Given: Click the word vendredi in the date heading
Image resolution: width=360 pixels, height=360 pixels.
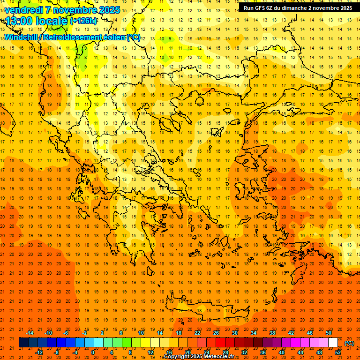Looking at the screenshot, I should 25,9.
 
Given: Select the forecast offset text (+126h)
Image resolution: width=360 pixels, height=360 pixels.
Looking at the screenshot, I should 83,21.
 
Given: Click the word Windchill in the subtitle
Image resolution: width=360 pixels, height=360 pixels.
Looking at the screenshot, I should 21,37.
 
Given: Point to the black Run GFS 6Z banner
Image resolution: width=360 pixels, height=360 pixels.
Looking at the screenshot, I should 298,7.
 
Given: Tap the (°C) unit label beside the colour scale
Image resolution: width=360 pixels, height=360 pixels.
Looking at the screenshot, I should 349,343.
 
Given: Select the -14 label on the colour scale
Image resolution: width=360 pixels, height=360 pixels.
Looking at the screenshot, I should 30,333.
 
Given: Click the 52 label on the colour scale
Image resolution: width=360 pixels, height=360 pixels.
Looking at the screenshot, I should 338,352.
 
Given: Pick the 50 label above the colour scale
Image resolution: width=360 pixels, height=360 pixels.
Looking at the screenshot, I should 329,333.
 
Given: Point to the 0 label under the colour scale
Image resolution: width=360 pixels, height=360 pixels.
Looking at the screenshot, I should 92,352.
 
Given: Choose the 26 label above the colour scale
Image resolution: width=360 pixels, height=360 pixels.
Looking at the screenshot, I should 216,333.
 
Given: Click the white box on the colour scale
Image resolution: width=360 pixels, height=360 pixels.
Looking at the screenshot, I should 333,343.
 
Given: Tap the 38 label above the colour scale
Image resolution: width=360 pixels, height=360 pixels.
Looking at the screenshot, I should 272,333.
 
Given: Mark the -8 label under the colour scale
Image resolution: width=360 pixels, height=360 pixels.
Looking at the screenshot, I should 56,352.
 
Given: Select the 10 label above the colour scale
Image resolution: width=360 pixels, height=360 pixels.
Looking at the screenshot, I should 141,333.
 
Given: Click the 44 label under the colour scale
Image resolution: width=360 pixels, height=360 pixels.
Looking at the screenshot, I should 300,352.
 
